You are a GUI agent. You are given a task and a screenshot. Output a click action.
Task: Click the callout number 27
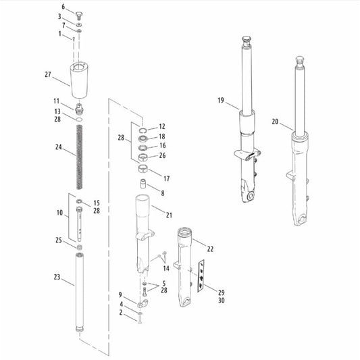48,74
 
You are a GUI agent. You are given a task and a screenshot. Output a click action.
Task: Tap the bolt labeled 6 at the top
79,16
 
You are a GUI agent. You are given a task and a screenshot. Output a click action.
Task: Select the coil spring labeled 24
80,157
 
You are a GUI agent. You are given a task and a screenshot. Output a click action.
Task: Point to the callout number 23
57,277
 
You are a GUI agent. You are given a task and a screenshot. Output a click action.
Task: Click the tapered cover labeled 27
79,80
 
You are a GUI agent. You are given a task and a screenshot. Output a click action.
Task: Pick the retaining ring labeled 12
143,130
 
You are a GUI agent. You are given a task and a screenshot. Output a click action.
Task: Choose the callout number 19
221,101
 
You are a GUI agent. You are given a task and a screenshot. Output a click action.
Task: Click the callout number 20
275,122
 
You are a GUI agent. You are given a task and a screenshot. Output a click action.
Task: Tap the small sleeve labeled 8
143,184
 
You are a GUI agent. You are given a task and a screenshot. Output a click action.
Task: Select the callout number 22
210,249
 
